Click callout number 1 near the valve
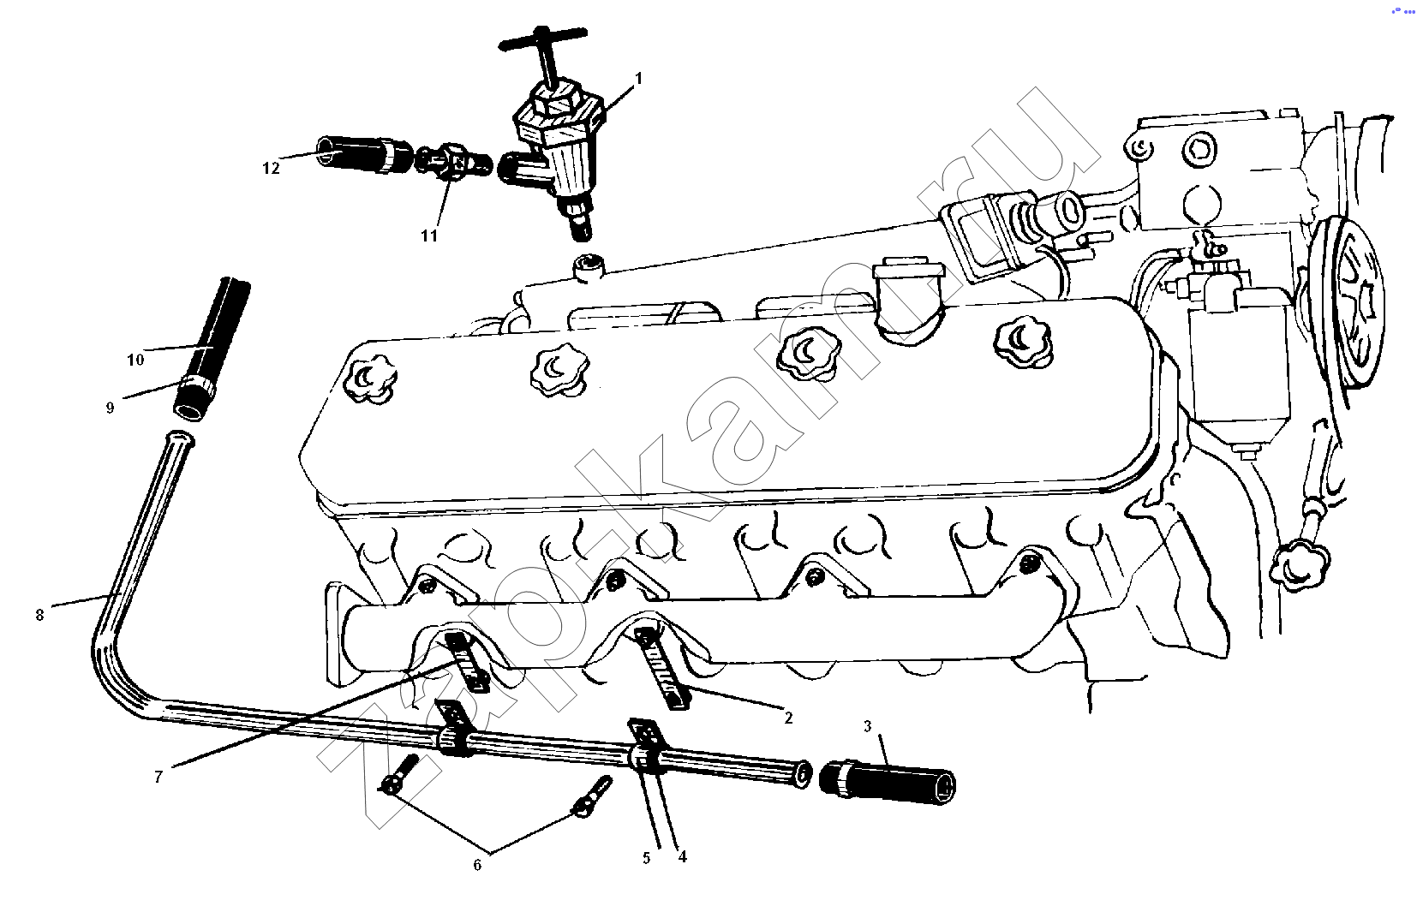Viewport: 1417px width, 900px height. pyautogui.click(x=639, y=79)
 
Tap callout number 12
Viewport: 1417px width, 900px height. pyautogui.click(x=271, y=168)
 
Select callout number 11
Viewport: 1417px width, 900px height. pyautogui.click(x=429, y=235)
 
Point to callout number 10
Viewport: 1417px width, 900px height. pyautogui.click(x=135, y=360)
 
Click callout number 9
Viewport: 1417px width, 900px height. pyautogui.click(x=110, y=408)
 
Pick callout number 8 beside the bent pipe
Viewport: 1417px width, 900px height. pyautogui.click(x=40, y=615)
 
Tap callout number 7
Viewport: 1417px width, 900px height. pyautogui.click(x=158, y=777)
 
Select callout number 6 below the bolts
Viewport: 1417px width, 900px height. pyautogui.click(x=477, y=865)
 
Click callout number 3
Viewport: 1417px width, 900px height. pyautogui.click(x=867, y=726)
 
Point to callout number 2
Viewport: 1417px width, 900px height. pyautogui.click(x=788, y=718)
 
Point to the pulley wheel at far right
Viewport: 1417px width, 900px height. pyautogui.click(x=1346, y=311)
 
